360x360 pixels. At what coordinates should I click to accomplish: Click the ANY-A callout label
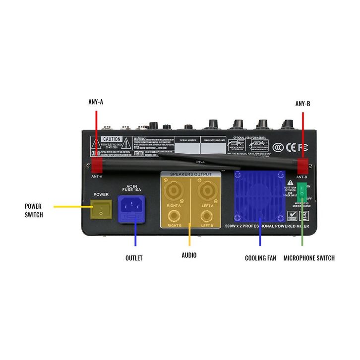point(95,103)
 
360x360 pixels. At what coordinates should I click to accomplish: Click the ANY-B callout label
point(302,104)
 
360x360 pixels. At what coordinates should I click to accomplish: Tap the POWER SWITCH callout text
point(34,210)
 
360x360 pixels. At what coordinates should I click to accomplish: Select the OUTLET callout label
point(134,258)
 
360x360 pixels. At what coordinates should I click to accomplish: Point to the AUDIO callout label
point(189,255)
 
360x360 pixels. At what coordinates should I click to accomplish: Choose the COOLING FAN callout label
point(260,258)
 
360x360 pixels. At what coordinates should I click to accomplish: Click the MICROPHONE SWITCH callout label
point(309,258)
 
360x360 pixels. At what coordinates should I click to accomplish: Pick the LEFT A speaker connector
point(206,190)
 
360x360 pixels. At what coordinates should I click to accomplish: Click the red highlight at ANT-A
point(96,164)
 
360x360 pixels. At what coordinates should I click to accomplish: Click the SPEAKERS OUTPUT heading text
point(191,175)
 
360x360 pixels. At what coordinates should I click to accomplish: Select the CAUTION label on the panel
point(112,140)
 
